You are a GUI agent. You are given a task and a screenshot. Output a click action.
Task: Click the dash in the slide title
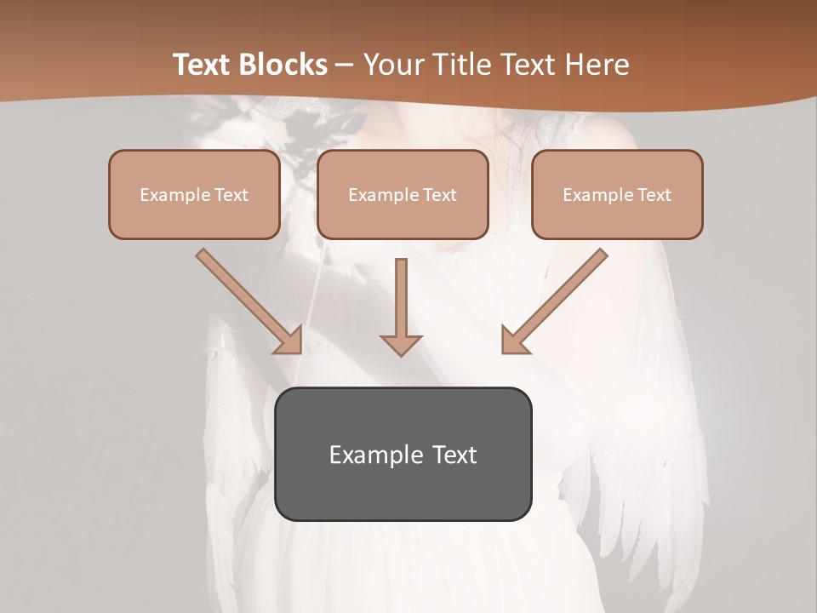click(x=346, y=66)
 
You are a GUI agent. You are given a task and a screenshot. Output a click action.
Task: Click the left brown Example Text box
click(x=194, y=194)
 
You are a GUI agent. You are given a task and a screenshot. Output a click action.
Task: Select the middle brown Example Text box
click(x=403, y=194)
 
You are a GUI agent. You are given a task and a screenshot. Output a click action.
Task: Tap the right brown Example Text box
click(x=617, y=194)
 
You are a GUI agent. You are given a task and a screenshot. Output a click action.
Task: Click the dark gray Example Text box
click(x=403, y=454)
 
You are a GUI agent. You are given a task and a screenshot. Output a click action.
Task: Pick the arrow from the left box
click(x=243, y=295)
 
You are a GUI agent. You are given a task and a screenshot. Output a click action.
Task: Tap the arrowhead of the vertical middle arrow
click(x=401, y=344)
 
